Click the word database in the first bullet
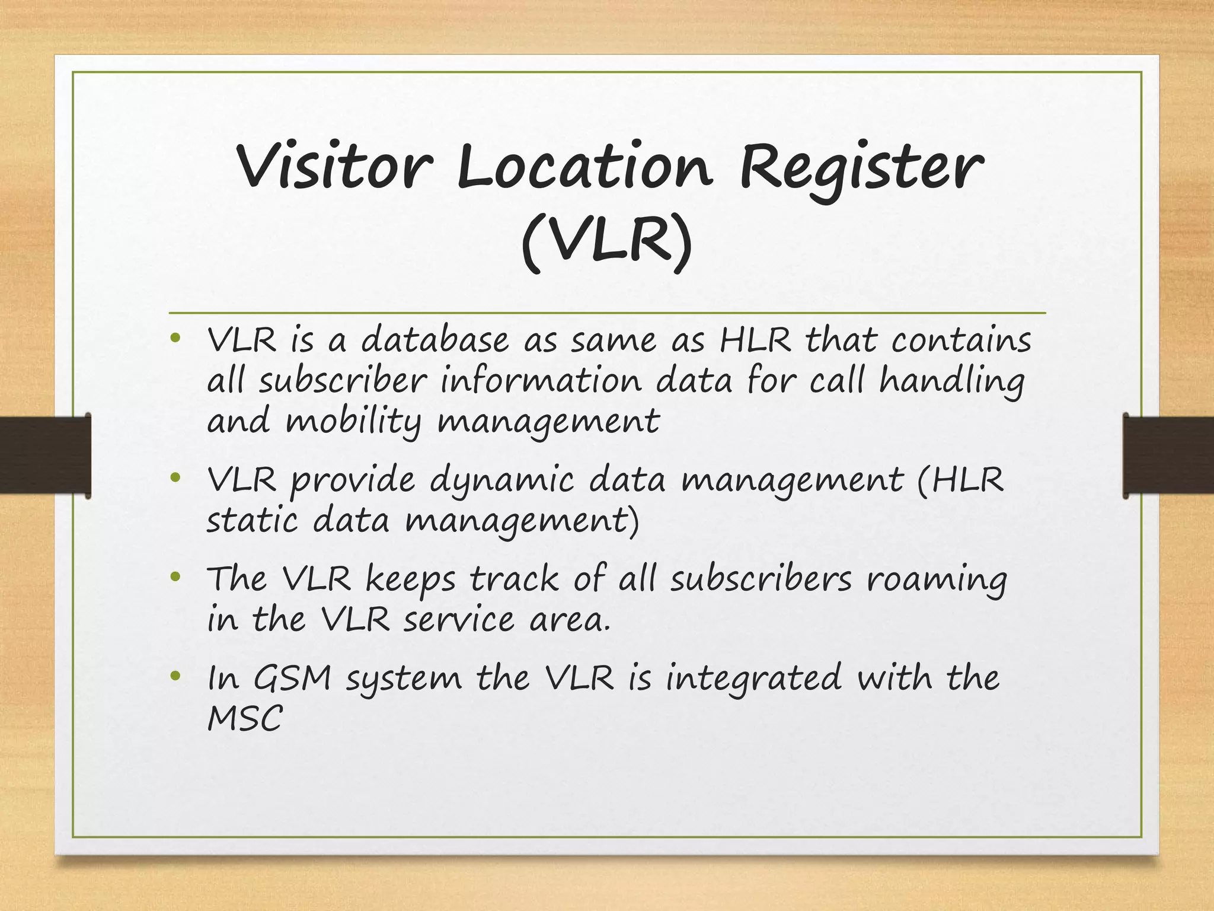435,340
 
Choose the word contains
961,340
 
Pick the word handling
951,381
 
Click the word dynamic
501,481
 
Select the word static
252,521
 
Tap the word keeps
410,580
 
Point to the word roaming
937,580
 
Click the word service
459,620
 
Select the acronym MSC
245,718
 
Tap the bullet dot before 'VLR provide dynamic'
174,477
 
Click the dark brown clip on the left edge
45,455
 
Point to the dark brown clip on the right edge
1168,455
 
